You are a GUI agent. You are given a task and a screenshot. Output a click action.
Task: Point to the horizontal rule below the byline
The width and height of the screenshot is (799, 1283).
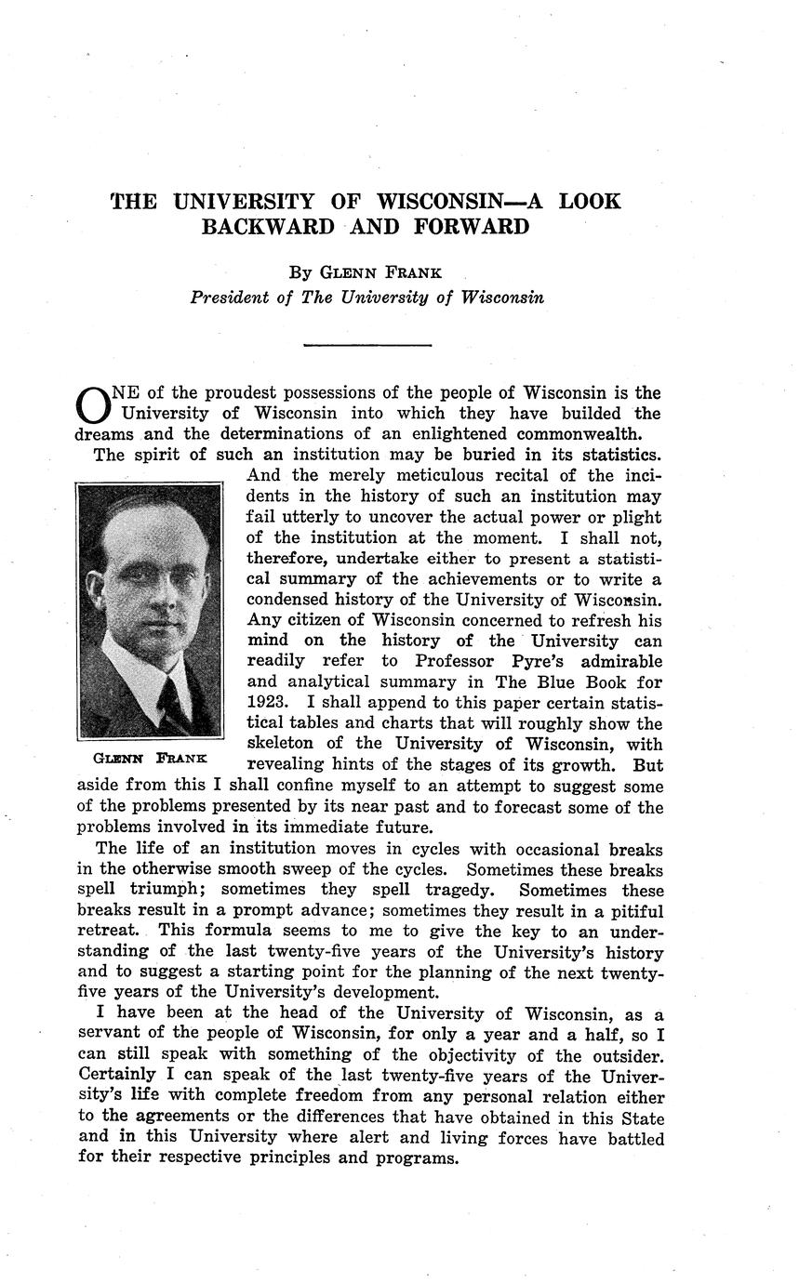click(367, 346)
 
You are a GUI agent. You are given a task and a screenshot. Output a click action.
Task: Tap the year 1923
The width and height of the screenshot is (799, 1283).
click(269, 702)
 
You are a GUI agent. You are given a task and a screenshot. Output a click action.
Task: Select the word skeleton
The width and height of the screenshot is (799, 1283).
click(283, 743)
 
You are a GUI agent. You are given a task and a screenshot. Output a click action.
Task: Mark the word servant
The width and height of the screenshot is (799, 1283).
click(110, 1034)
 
